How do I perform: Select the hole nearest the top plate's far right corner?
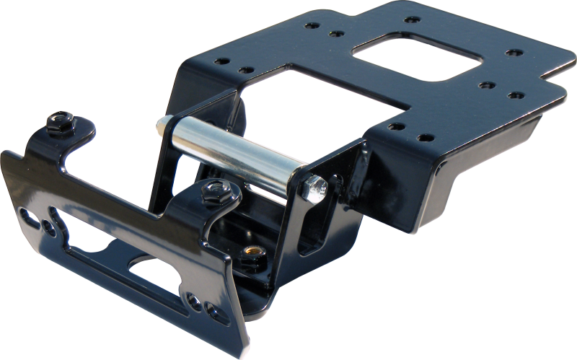[514, 53]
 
